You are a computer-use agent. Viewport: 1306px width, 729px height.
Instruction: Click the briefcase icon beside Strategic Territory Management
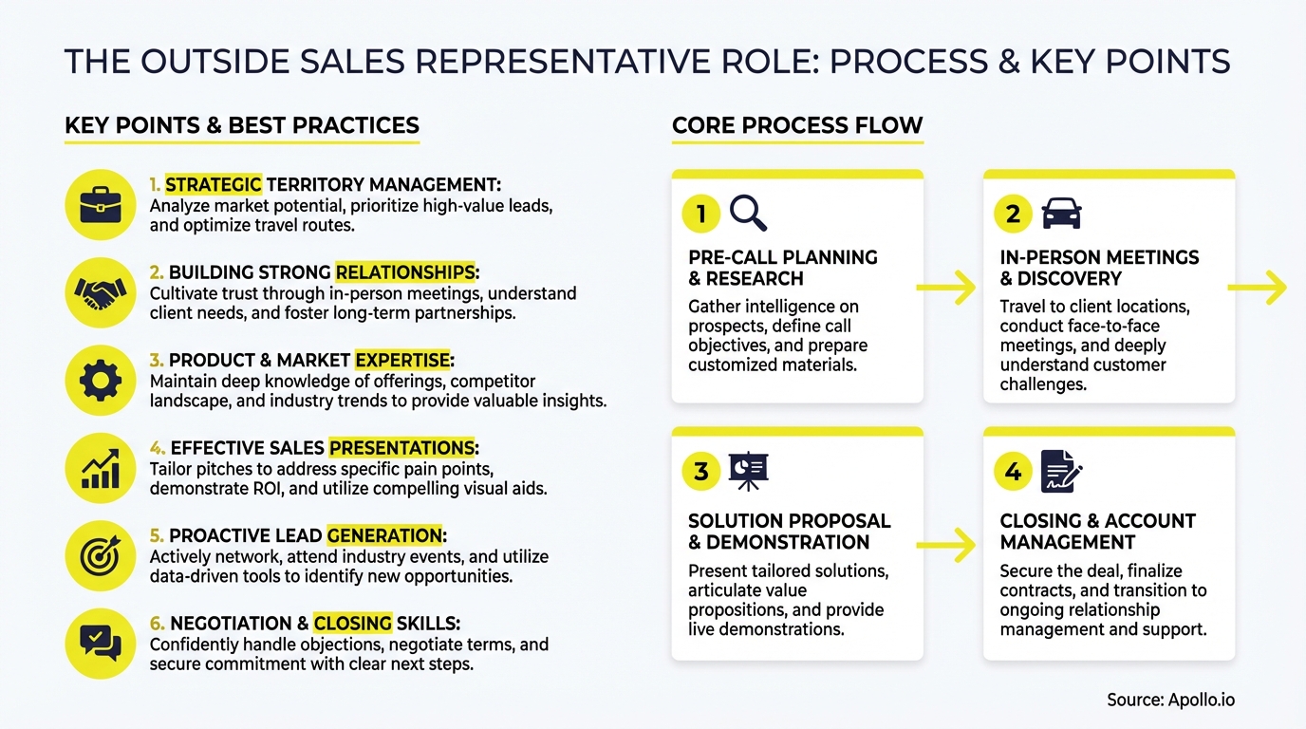click(100, 204)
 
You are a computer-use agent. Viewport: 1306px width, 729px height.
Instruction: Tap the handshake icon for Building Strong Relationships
click(100, 292)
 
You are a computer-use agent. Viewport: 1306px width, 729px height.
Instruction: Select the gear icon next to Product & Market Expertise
click(100, 381)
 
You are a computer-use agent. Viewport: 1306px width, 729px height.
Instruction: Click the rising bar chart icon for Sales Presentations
click(100, 468)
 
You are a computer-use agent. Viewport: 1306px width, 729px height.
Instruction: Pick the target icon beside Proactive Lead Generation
click(100, 556)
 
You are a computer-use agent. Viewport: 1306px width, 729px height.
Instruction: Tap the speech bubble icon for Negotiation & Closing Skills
click(100, 643)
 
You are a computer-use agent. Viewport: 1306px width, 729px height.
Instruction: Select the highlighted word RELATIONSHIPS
click(405, 272)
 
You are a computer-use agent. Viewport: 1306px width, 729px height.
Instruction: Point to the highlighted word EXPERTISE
click(402, 361)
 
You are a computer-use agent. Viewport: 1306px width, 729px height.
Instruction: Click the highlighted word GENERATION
click(384, 536)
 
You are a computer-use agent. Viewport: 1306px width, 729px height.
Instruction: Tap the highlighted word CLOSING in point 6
click(352, 624)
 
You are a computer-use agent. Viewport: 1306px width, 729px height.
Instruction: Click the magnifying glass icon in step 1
click(748, 214)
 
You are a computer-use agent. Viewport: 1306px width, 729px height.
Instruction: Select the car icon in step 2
click(1061, 214)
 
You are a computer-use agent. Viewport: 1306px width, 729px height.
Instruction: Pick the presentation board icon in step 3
click(748, 472)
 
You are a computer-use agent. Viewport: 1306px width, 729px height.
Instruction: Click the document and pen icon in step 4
click(1061, 472)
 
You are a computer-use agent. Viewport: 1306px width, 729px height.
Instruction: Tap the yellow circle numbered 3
click(701, 472)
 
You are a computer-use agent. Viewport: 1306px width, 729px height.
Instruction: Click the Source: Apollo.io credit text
click(1170, 700)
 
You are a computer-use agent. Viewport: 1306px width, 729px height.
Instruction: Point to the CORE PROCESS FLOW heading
click(797, 125)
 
